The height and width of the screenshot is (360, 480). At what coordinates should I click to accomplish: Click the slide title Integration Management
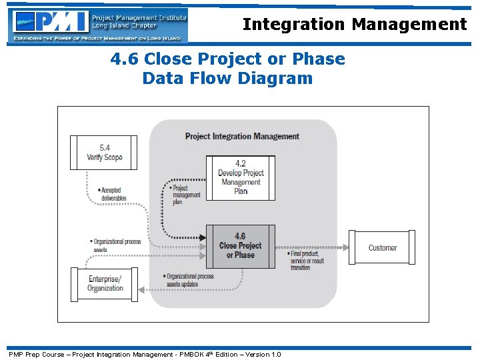click(354, 25)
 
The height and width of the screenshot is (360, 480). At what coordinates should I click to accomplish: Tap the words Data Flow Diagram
click(227, 79)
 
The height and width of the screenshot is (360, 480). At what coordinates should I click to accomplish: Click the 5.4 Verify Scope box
click(104, 153)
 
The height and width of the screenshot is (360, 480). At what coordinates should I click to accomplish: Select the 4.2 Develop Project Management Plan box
click(240, 177)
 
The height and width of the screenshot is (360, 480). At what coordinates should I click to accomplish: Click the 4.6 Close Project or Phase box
click(240, 246)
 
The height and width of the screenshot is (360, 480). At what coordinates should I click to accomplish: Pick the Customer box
click(382, 248)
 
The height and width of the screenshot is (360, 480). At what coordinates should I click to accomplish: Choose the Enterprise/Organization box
click(105, 284)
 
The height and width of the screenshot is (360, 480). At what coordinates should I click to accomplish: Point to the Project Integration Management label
click(242, 136)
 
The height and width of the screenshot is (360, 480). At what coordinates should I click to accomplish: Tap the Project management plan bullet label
click(185, 195)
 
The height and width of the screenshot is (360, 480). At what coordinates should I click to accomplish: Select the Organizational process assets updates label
click(189, 280)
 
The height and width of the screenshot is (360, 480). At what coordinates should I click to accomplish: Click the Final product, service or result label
click(306, 260)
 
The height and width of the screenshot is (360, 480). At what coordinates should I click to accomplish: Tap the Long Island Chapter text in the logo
click(124, 26)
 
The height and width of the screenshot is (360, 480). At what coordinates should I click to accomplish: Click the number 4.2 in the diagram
click(241, 163)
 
